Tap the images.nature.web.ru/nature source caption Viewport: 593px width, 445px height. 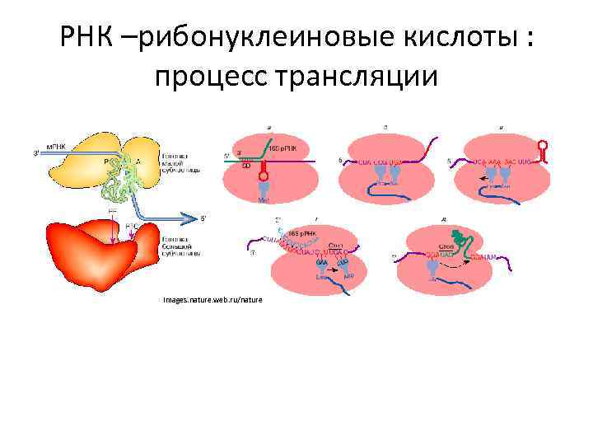(x=212, y=299)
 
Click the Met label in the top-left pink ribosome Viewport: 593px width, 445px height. (x=264, y=199)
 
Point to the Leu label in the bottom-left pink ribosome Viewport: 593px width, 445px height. (x=320, y=278)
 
